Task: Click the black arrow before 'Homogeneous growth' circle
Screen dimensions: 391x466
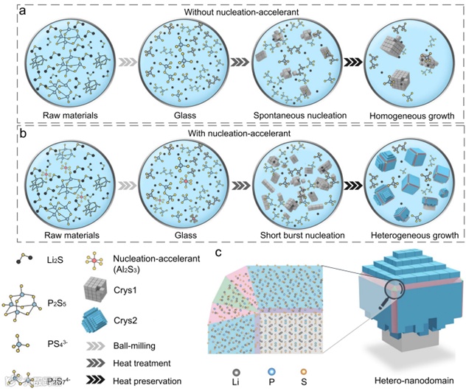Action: pos(343,63)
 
